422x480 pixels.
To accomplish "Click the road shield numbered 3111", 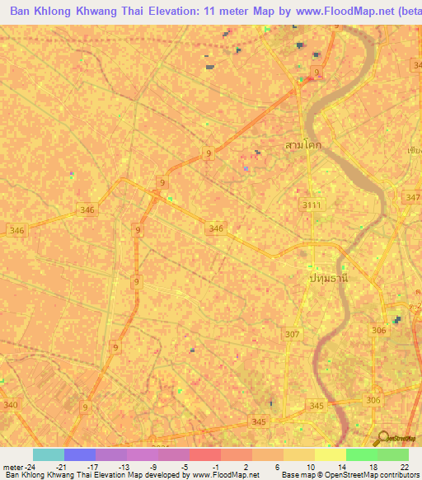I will (x=312, y=204).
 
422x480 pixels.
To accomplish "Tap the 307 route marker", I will (x=292, y=334).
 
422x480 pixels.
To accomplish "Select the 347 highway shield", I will (x=413, y=198).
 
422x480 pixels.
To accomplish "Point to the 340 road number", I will (x=11, y=404).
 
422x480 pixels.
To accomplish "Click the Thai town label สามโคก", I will (x=303, y=145).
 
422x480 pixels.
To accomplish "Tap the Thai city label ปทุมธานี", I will (x=329, y=279).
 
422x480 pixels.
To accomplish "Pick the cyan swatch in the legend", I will (x=49, y=454).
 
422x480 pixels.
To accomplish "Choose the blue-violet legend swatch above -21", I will (x=80, y=454).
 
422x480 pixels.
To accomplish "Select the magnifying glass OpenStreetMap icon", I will (x=382, y=438).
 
